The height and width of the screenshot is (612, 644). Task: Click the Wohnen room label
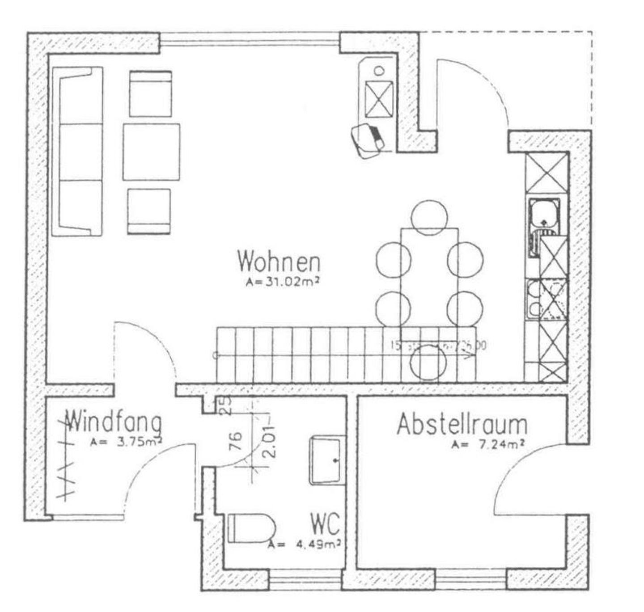click(279, 262)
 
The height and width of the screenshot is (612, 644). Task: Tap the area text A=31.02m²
click(284, 282)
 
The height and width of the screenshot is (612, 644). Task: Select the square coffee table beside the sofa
click(152, 152)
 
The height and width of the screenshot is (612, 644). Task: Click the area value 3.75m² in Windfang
click(127, 442)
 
